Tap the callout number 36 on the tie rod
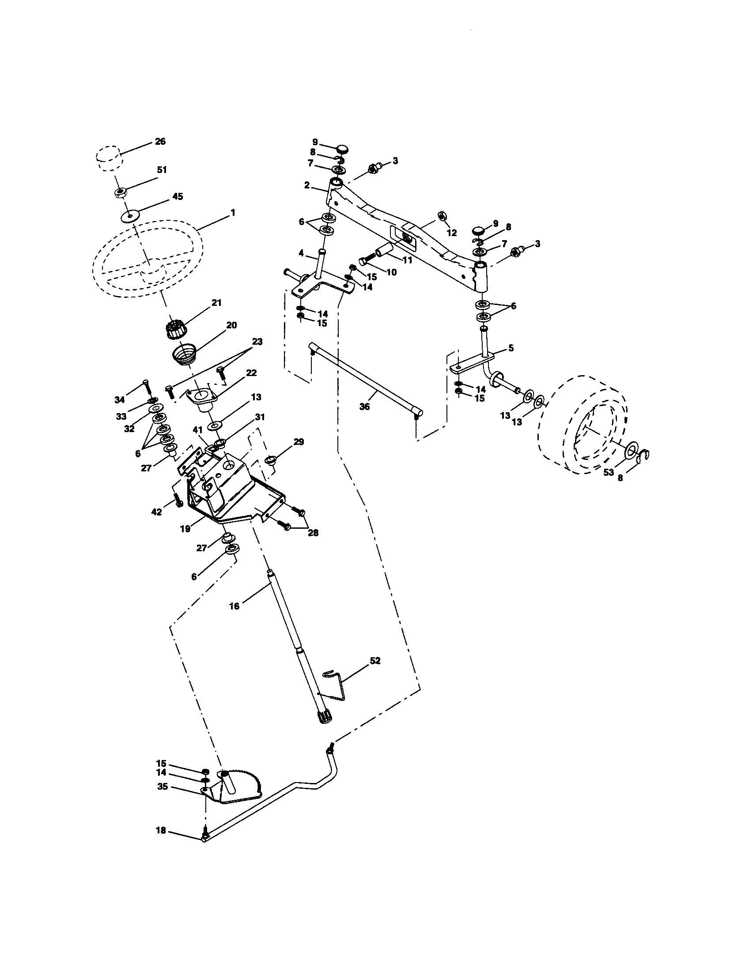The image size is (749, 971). pos(364,406)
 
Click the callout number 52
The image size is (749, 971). pos(375,673)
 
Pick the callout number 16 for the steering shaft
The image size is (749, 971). pos(234,606)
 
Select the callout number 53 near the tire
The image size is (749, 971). pos(609,472)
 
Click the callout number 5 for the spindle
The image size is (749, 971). pos(511,348)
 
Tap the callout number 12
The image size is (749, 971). pos(452,233)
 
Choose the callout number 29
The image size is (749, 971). pos(299,441)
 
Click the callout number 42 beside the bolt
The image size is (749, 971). pos(157,512)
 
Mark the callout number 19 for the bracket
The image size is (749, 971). pos(185,529)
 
